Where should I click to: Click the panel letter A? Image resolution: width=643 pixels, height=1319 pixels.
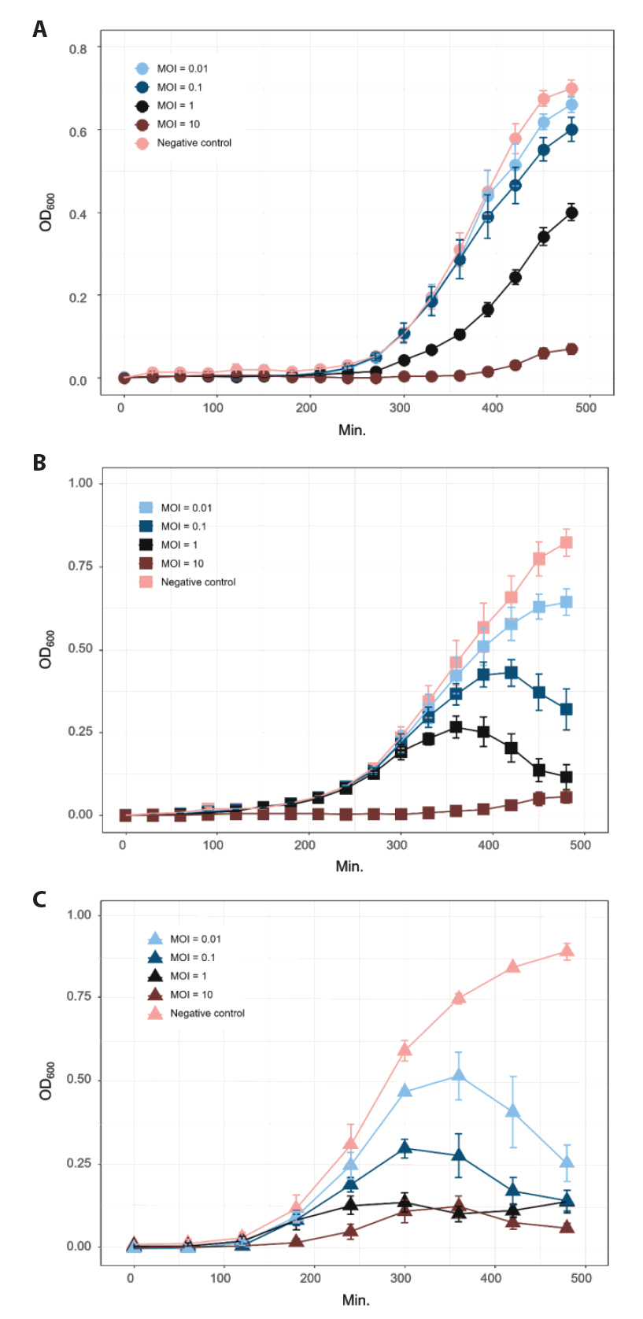tap(39, 30)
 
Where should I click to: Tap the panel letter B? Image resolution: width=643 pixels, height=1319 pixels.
tap(39, 463)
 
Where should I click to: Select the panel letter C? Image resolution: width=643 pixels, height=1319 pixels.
tap(39, 899)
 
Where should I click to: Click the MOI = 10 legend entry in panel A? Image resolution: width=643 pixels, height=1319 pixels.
tap(178, 124)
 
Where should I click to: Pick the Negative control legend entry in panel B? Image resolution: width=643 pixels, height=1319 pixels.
tap(198, 582)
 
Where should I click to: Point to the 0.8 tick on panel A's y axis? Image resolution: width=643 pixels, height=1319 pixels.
tap(78, 49)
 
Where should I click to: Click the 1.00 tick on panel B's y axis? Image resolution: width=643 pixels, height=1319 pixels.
tap(80, 483)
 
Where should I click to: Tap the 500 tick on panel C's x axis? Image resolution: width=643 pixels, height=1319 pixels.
tap(581, 1278)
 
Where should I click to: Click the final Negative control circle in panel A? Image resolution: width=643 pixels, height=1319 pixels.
tap(571, 88)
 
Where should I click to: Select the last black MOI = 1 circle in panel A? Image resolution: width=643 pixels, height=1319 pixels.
tap(571, 212)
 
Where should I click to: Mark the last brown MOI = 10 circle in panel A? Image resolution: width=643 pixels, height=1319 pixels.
tap(571, 349)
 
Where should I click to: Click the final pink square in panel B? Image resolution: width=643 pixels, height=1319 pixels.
tap(566, 542)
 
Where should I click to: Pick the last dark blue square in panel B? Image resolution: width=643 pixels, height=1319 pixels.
tap(566, 709)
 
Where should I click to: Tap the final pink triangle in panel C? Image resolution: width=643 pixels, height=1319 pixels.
tap(567, 951)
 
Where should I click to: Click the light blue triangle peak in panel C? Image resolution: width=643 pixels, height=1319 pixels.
tap(458, 1075)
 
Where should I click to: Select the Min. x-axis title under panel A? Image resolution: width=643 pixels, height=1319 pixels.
tap(352, 430)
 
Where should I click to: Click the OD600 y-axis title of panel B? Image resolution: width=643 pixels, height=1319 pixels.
tap(46, 649)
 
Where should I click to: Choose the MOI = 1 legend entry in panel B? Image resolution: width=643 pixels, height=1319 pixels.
tap(179, 545)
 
